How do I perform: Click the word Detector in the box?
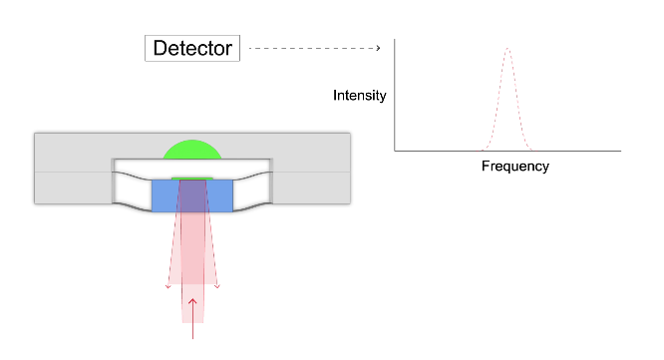point(192,47)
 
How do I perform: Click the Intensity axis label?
point(360,96)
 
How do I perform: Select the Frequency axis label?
point(514,167)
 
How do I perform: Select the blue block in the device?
point(191,195)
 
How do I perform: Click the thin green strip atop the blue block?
point(191,178)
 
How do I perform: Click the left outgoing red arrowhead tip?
point(167,289)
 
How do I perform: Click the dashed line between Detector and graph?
point(309,47)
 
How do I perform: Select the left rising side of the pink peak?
point(497,100)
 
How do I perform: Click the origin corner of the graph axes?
point(395,152)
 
